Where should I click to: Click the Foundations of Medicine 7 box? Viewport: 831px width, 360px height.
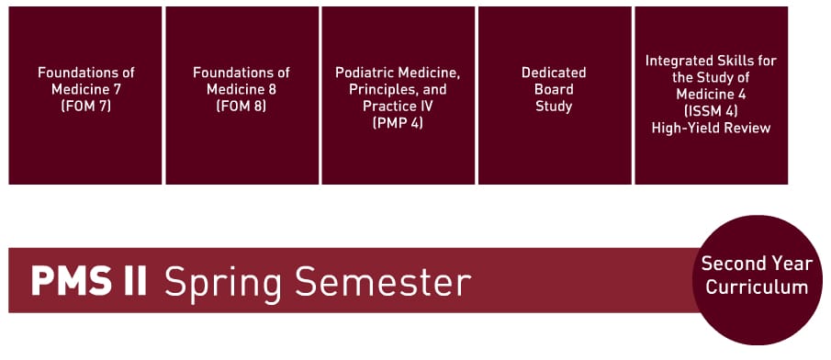[x=84, y=96]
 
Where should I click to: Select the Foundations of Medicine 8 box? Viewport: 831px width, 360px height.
[x=241, y=96]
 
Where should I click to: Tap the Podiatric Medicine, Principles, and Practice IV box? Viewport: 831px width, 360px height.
[x=397, y=96]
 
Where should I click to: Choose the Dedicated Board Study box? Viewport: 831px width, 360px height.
[x=554, y=96]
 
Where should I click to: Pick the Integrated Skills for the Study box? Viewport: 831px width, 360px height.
[x=710, y=96]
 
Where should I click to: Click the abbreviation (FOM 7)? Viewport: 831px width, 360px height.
[x=84, y=106]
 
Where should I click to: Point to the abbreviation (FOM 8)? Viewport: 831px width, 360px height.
[x=241, y=106]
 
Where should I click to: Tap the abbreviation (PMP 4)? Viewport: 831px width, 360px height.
[x=398, y=123]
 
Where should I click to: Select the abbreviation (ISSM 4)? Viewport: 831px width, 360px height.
[x=710, y=111]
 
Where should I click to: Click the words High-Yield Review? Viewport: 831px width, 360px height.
[x=710, y=128]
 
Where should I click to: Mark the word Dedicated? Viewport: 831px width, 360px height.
[x=554, y=73]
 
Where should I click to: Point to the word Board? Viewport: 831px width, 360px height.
[x=554, y=89]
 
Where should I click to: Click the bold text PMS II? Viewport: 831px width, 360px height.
[x=89, y=282]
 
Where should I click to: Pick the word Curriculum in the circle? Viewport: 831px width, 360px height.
[x=757, y=287]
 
